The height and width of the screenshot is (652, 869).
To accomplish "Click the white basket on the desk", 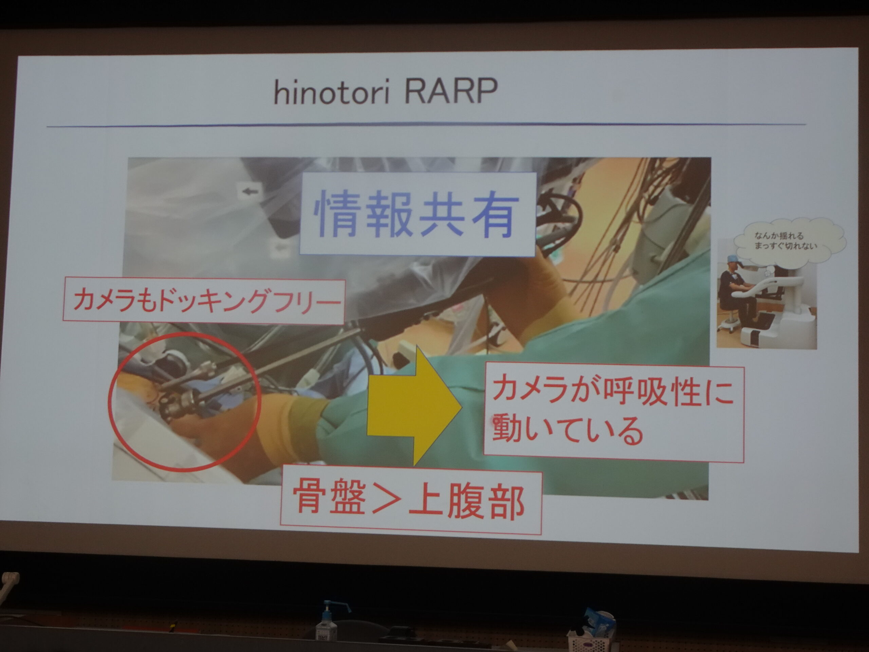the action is click(591, 640).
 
